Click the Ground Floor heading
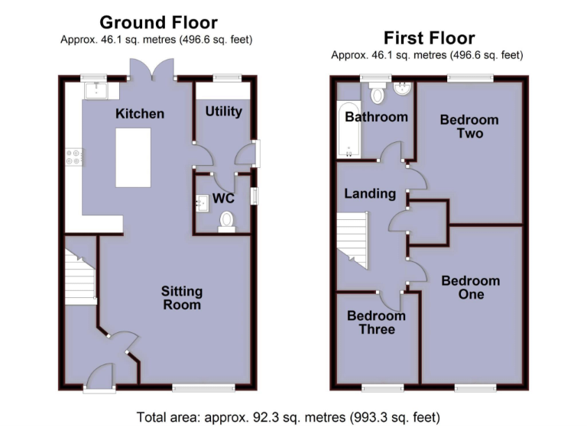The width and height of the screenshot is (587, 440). click(158, 22)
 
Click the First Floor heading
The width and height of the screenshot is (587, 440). click(429, 37)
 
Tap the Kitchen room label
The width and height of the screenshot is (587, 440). click(140, 114)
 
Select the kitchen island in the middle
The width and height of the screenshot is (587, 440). click(132, 157)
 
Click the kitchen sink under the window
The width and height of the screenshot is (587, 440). click(98, 90)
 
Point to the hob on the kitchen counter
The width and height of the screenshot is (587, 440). click(75, 157)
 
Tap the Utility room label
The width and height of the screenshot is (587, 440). click(223, 112)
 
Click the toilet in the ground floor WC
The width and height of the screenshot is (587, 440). click(226, 221)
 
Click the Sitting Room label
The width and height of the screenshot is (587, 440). click(181, 298)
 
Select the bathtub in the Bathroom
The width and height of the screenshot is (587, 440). click(349, 130)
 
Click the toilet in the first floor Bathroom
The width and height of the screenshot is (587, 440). click(375, 95)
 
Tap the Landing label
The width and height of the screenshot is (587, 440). click(370, 193)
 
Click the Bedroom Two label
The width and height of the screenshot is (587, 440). click(469, 126)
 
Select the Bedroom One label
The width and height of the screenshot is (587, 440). click(471, 287)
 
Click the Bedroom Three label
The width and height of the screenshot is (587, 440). click(376, 322)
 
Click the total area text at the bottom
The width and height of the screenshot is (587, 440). click(288, 418)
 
